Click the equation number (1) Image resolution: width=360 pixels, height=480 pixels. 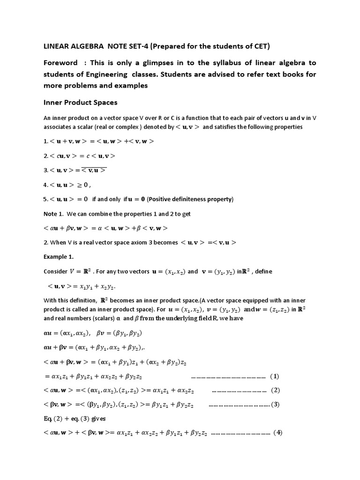click(x=275, y=376)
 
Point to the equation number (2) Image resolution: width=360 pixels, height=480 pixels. click(x=276, y=390)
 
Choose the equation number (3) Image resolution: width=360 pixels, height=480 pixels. click(x=276, y=404)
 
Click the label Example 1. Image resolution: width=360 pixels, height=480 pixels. click(x=59, y=257)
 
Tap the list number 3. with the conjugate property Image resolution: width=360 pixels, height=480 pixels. click(x=45, y=170)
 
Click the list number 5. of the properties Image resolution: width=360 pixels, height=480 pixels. click(x=45, y=199)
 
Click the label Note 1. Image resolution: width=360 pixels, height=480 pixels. click(x=53, y=214)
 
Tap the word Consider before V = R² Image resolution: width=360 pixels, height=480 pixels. click(x=55, y=271)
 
